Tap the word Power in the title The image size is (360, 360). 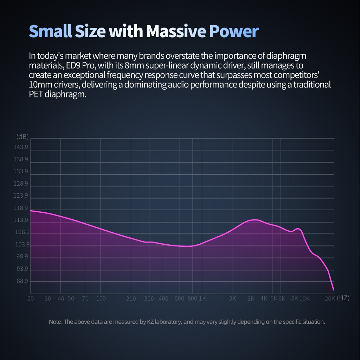(x=234, y=31)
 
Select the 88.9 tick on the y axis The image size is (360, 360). (x=22, y=281)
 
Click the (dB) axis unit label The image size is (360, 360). (x=22, y=136)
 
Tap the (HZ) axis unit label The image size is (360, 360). (x=343, y=298)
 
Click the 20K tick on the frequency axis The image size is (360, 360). (x=330, y=299)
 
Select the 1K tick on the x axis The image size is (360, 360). (x=202, y=299)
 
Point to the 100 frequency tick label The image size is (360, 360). (x=101, y=299)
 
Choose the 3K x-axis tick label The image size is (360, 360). (x=251, y=299)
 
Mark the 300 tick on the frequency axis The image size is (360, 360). (x=149, y=299)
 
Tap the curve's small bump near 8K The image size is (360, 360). (x=298, y=229)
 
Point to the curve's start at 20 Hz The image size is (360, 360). (x=31, y=211)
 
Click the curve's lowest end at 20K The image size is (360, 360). (x=333, y=290)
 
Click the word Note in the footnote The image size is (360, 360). (x=55, y=322)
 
